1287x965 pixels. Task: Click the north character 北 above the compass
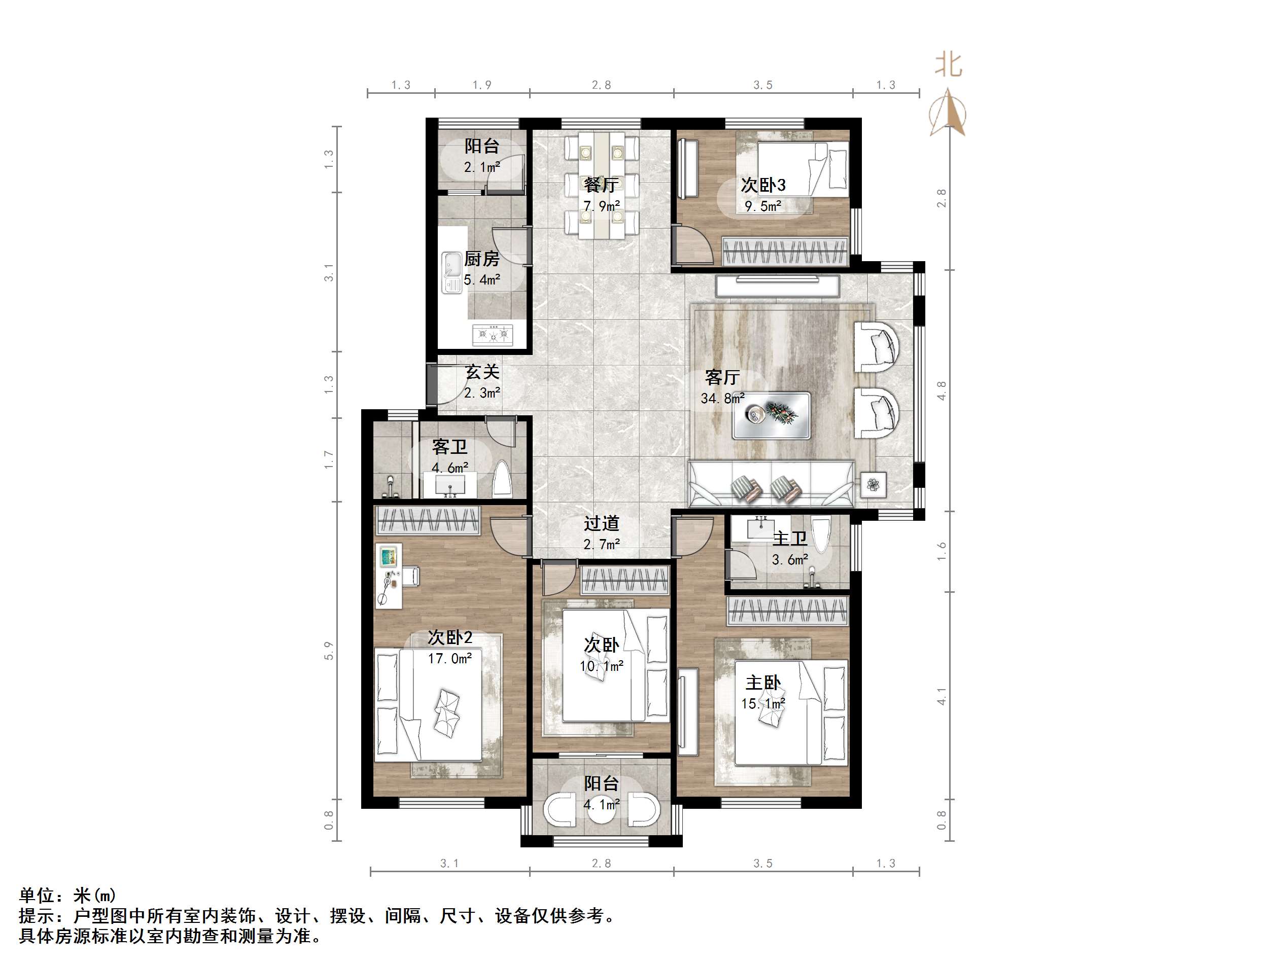pyautogui.click(x=948, y=64)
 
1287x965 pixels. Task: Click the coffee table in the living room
pyautogui.click(x=772, y=415)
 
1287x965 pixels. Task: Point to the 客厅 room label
pyautogui.click(x=722, y=377)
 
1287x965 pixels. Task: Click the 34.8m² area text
pyautogui.click(x=722, y=399)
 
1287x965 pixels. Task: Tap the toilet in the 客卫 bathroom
pyautogui.click(x=502, y=479)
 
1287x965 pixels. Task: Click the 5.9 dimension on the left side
pyautogui.click(x=329, y=650)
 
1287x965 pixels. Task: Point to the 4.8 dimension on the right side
pyautogui.click(x=942, y=390)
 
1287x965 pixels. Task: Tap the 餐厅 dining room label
pyautogui.click(x=601, y=185)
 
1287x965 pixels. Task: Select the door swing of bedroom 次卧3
pyautogui.click(x=692, y=245)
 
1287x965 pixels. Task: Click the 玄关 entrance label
pyautogui.click(x=482, y=372)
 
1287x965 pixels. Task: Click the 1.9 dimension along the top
pyautogui.click(x=482, y=85)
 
